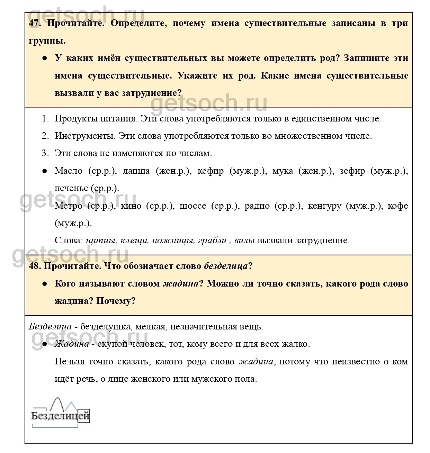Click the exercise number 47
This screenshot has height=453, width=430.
click(x=35, y=24)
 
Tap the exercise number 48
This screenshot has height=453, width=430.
click(x=35, y=266)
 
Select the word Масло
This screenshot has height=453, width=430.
click(x=69, y=171)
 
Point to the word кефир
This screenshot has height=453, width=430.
click(x=210, y=171)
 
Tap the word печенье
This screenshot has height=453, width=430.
click(x=71, y=189)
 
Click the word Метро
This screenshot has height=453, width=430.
click(x=69, y=206)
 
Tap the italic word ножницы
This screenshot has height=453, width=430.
click(x=172, y=241)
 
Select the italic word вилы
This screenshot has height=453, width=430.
click(x=244, y=241)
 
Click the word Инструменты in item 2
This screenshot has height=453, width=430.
click(x=84, y=136)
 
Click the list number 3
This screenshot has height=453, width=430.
click(x=45, y=153)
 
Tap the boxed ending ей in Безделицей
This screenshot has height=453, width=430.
click(x=84, y=416)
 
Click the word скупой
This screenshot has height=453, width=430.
click(x=112, y=344)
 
